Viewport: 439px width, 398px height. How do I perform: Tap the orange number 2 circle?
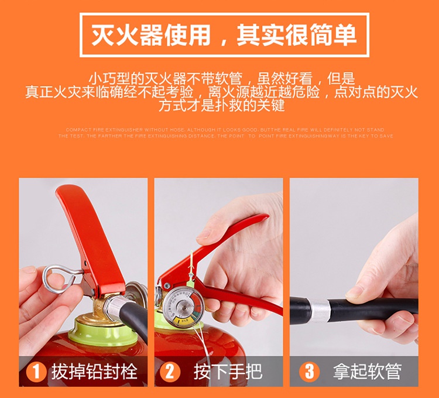pyautogui.click(x=170, y=371)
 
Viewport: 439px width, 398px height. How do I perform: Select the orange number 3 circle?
pyautogui.click(x=308, y=371)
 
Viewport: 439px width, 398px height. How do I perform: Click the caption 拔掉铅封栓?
pyautogui.click(x=94, y=371)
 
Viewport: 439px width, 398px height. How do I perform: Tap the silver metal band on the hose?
pyautogui.click(x=319, y=308)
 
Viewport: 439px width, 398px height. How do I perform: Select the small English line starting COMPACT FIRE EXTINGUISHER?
pyautogui.click(x=225, y=130)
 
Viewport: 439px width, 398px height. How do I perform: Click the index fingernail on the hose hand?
pyautogui.click(x=355, y=291)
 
